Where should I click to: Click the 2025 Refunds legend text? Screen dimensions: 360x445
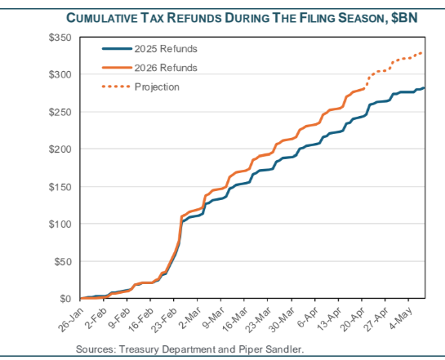tap(165, 49)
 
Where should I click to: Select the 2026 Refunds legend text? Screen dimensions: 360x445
tap(165, 68)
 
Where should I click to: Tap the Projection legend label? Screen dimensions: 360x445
tap(157, 87)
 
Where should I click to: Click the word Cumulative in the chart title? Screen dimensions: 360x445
tap(106, 17)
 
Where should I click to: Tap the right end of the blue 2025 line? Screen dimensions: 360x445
tap(423, 87)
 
